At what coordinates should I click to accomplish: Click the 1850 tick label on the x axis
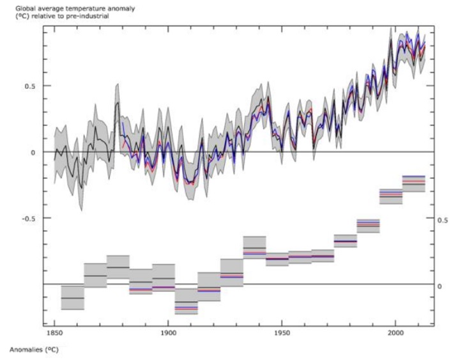click(x=54, y=333)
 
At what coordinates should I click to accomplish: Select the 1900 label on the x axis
click(x=168, y=333)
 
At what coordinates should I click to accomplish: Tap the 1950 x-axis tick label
click(x=282, y=333)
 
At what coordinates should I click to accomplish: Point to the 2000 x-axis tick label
click(x=395, y=333)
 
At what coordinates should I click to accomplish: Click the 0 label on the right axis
click(x=439, y=286)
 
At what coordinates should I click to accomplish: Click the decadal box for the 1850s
click(x=73, y=298)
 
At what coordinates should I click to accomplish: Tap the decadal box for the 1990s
click(x=390, y=196)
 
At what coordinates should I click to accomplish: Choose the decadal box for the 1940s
click(x=254, y=246)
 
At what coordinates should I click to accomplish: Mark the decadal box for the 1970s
click(x=345, y=241)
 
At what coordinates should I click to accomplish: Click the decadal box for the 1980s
click(x=368, y=225)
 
